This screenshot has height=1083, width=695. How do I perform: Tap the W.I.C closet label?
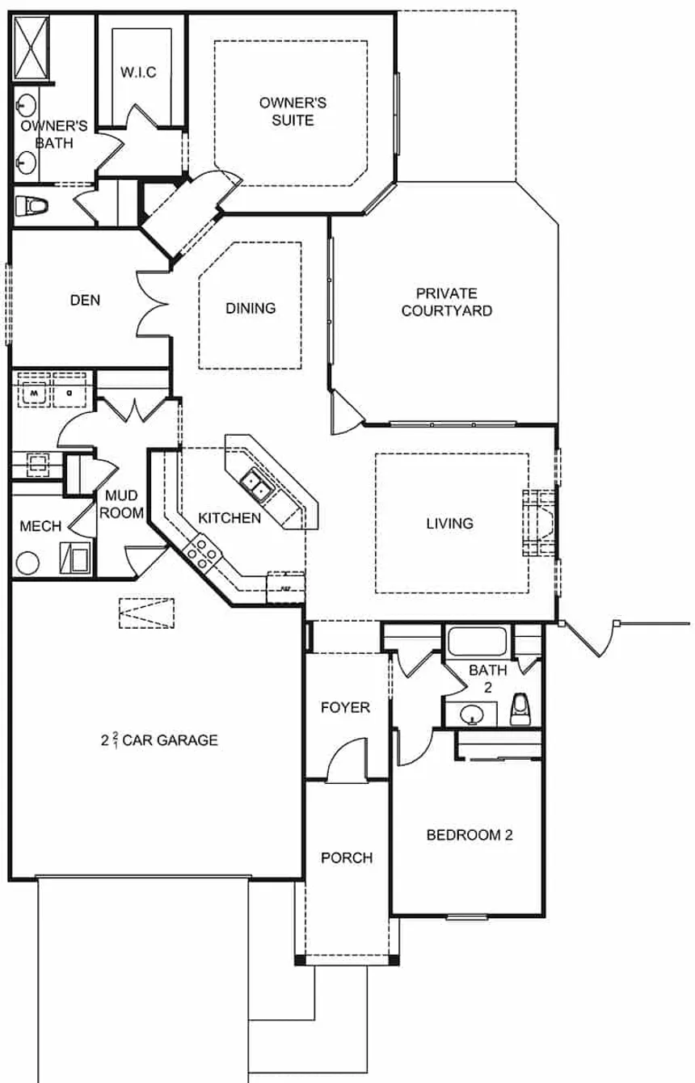(x=139, y=73)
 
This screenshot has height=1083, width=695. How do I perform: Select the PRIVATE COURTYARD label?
(x=447, y=301)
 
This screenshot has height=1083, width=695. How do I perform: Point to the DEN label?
(x=85, y=300)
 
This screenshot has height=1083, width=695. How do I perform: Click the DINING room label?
(x=251, y=308)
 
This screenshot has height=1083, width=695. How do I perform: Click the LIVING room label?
(x=450, y=523)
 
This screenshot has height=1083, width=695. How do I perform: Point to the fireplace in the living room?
(x=540, y=523)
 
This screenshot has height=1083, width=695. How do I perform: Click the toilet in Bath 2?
(x=521, y=709)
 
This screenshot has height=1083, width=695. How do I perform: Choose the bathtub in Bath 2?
(x=477, y=643)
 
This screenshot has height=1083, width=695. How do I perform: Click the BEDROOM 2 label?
(x=470, y=835)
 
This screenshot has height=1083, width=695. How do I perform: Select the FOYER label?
(x=345, y=707)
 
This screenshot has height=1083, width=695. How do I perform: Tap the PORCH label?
(x=347, y=858)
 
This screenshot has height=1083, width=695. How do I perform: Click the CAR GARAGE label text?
(x=171, y=739)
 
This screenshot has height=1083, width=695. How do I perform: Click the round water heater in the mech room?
(x=29, y=563)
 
